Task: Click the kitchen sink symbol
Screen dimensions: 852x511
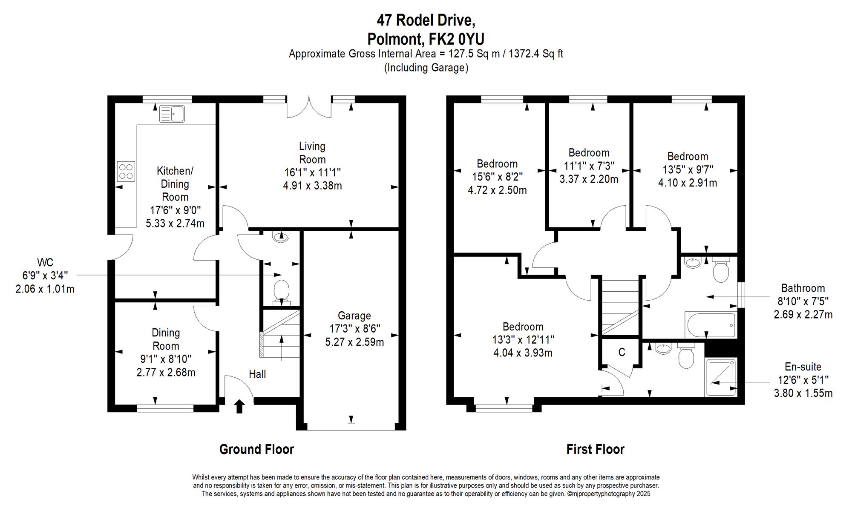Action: [172, 114]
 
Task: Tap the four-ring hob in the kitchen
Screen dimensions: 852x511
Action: [126, 171]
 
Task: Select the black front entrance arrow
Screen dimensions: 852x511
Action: [239, 406]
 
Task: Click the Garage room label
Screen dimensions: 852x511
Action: [354, 316]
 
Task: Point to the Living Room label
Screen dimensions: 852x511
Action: [312, 153]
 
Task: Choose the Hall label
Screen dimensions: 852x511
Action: [257, 374]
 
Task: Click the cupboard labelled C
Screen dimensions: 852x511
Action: [622, 352]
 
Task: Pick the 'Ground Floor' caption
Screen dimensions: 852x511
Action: [256, 449]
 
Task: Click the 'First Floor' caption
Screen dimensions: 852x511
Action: [595, 449]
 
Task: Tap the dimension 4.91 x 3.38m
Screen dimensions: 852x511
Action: [312, 186]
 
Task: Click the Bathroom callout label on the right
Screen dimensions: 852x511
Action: [803, 288]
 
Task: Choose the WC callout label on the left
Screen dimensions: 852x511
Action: [45, 262]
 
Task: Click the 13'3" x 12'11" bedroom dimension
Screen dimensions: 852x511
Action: [523, 340]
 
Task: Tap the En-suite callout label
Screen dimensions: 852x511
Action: [803, 367]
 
